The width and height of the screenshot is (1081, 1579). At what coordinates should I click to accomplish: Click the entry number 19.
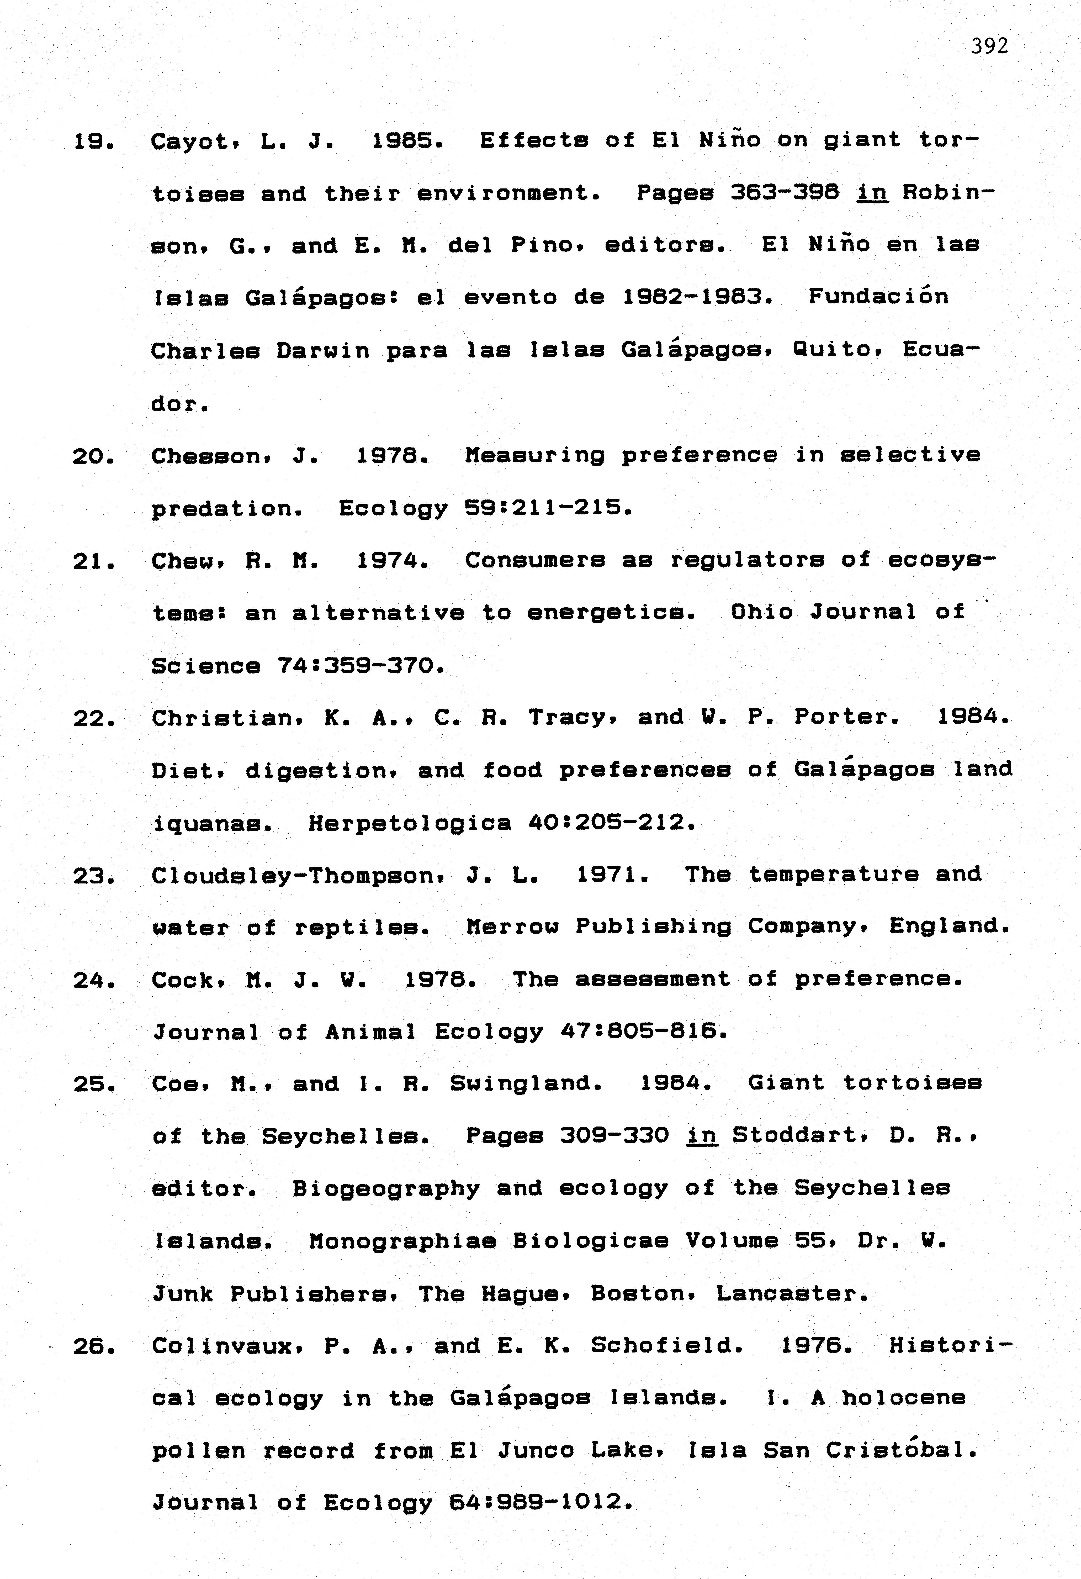93,141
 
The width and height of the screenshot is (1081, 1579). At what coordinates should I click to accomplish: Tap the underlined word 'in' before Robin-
873,194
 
